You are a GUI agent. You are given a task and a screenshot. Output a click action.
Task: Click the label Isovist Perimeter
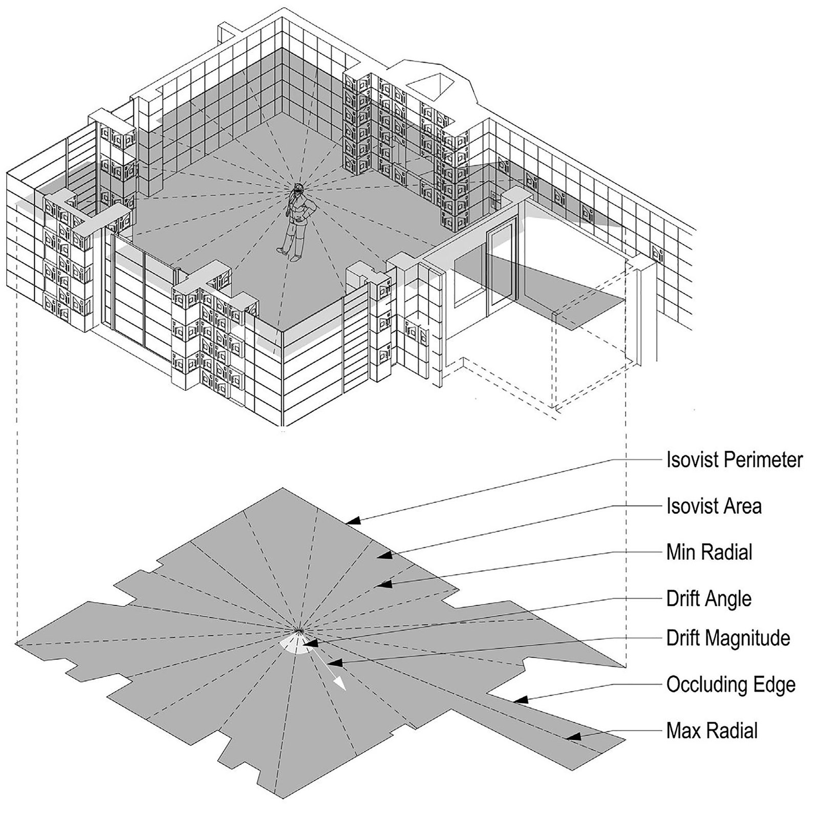[734, 460]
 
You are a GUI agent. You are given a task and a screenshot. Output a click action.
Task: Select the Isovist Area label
[714, 506]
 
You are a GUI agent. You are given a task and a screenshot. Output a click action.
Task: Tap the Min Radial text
[709, 552]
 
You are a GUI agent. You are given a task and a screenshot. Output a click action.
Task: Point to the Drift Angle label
[708, 598]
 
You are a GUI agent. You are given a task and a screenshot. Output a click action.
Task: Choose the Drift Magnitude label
[728, 638]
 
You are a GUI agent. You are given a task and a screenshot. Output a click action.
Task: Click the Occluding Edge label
[730, 684]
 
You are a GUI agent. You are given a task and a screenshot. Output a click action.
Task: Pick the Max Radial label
[712, 730]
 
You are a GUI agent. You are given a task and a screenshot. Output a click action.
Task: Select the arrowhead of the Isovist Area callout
[387, 555]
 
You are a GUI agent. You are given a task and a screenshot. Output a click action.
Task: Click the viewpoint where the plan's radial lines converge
[299, 630]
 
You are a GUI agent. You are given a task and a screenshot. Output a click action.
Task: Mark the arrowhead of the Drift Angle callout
[310, 642]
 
